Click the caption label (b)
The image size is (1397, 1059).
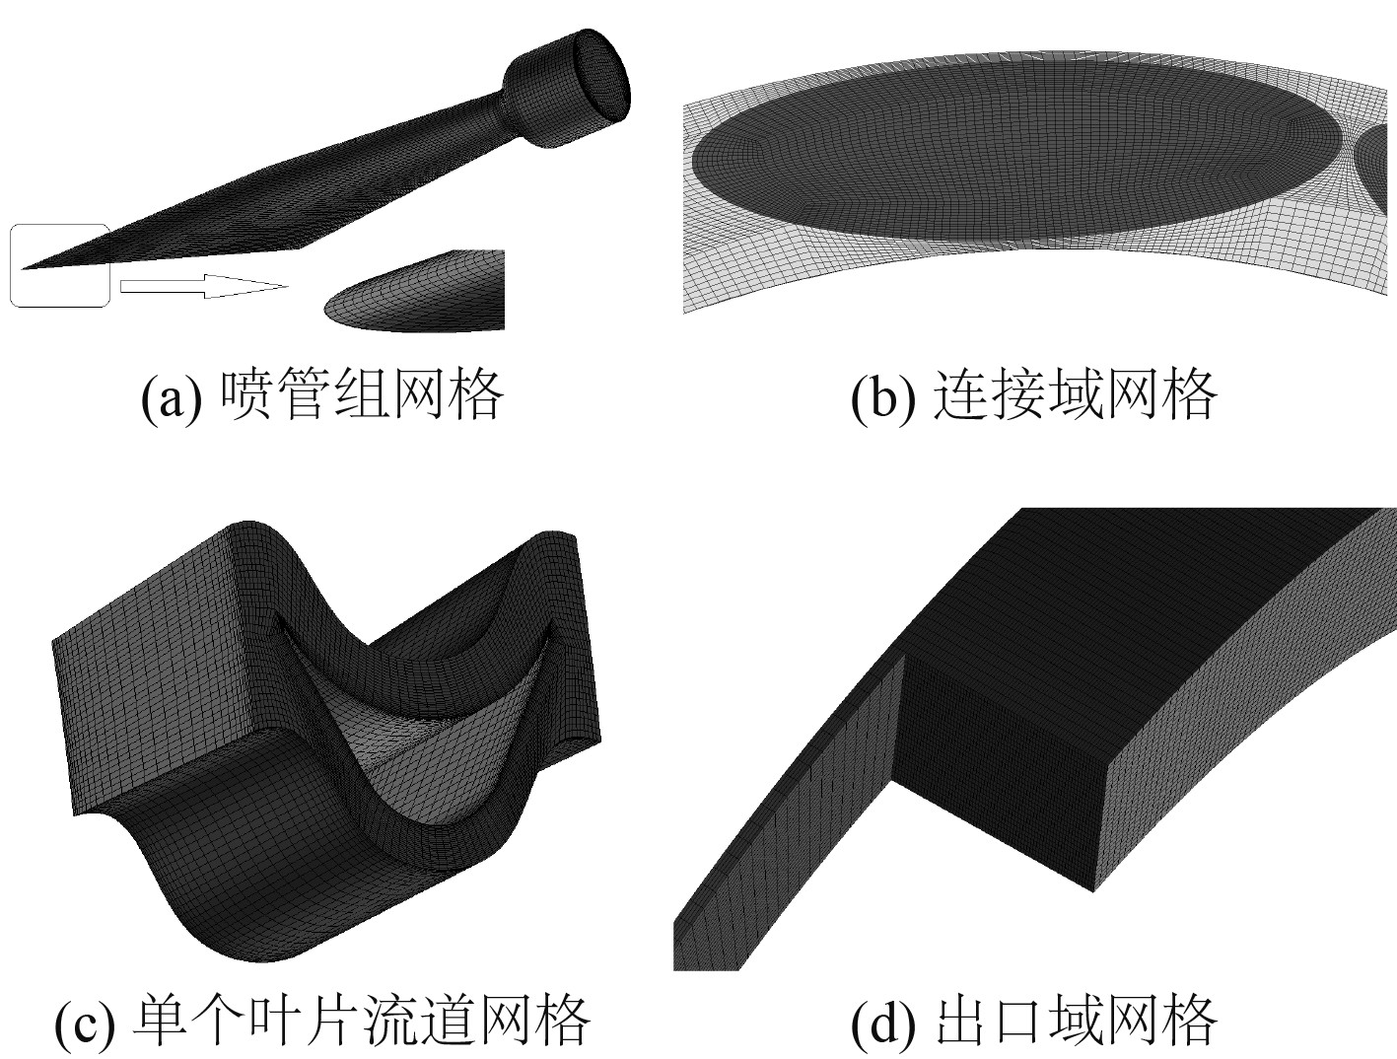pos(881,396)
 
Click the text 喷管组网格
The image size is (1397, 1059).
pos(362,394)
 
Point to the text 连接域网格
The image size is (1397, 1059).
pos(1074,394)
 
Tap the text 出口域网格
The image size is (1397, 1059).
pos(1074,1020)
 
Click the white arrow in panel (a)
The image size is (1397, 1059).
pos(202,286)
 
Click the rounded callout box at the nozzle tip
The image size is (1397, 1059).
pos(59,265)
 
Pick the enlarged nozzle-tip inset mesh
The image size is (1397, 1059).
pos(419,294)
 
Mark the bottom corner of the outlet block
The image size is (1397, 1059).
pos(1092,888)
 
